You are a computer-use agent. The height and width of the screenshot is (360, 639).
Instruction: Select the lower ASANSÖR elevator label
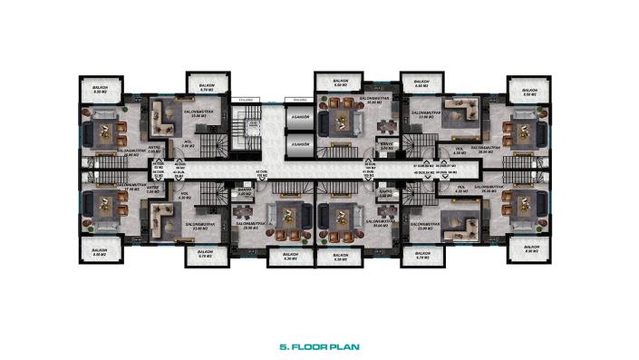coord(299,144)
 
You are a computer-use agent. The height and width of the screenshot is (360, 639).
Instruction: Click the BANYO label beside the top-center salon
coord(385,143)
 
